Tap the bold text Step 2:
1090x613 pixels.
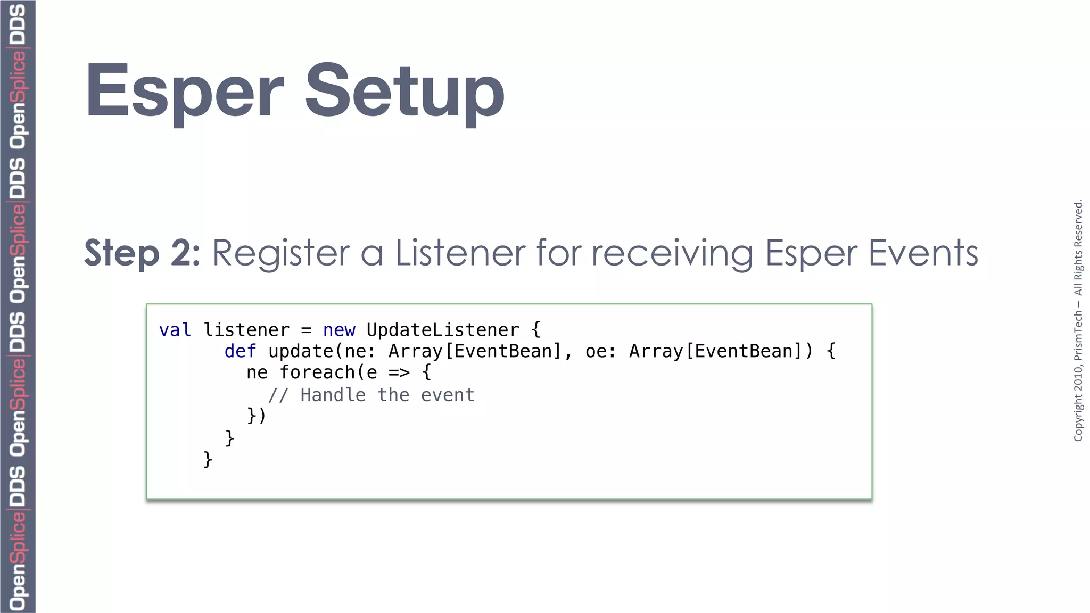142,253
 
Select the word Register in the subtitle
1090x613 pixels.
281,253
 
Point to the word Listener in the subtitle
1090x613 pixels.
460,253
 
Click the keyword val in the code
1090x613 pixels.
175,330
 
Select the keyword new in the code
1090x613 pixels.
339,330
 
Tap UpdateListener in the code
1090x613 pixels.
442,330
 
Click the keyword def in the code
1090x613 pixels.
240,352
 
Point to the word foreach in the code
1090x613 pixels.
317,373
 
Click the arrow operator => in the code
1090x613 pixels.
399,373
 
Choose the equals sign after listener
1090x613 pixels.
306,331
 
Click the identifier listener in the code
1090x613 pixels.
246,330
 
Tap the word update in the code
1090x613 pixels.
301,352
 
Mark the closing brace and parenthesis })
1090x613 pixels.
256,416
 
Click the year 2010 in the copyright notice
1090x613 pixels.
1078,375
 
